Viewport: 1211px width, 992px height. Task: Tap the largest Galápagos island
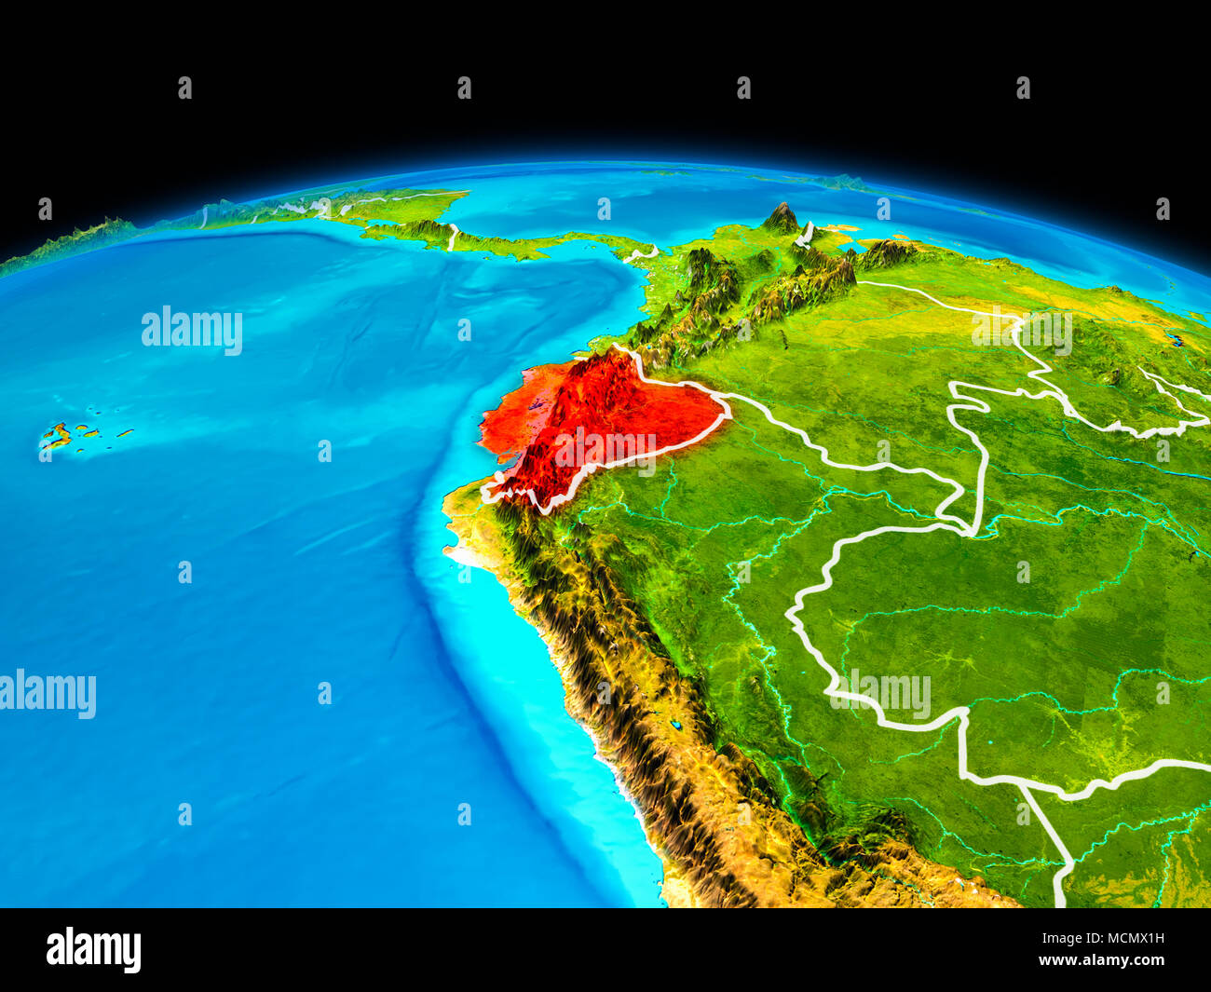pyautogui.click(x=55, y=436)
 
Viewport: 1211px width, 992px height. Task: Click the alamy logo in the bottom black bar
pyautogui.click(x=93, y=949)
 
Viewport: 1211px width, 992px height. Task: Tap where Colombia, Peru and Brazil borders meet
pyautogui.click(x=973, y=531)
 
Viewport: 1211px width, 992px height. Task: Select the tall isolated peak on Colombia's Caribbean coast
pyautogui.click(x=782, y=219)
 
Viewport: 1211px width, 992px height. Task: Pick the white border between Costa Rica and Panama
pyautogui.click(x=453, y=237)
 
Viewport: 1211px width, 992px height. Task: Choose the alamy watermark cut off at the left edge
pyautogui.click(x=47, y=694)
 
